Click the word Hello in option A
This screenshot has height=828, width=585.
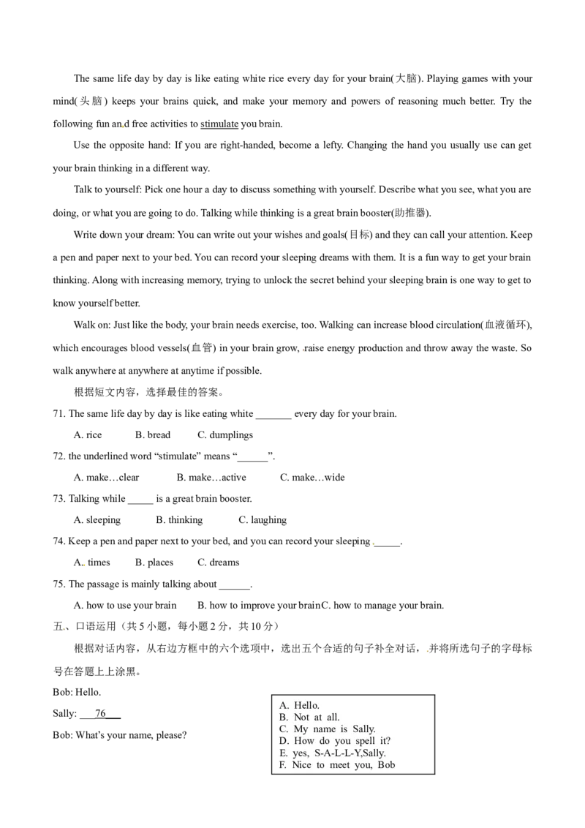[x=306, y=706]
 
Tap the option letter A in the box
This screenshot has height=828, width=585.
[x=284, y=706]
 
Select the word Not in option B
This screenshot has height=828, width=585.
[x=302, y=718]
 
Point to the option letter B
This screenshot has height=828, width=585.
[x=284, y=718]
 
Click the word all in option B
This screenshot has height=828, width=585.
[x=333, y=718]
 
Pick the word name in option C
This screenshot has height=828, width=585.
[x=324, y=729]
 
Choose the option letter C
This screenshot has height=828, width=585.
[x=284, y=729]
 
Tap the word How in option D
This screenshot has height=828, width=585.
[x=304, y=741]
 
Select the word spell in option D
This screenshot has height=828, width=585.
[x=359, y=741]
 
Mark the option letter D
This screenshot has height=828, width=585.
[x=284, y=741]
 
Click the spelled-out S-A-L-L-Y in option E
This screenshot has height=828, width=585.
[x=337, y=753]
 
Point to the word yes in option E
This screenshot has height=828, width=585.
[x=300, y=753]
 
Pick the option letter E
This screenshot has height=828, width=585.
[x=283, y=753]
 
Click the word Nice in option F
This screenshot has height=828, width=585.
[x=301, y=765]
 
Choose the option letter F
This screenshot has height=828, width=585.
[x=283, y=765]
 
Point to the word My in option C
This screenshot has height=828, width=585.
[x=301, y=729]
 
